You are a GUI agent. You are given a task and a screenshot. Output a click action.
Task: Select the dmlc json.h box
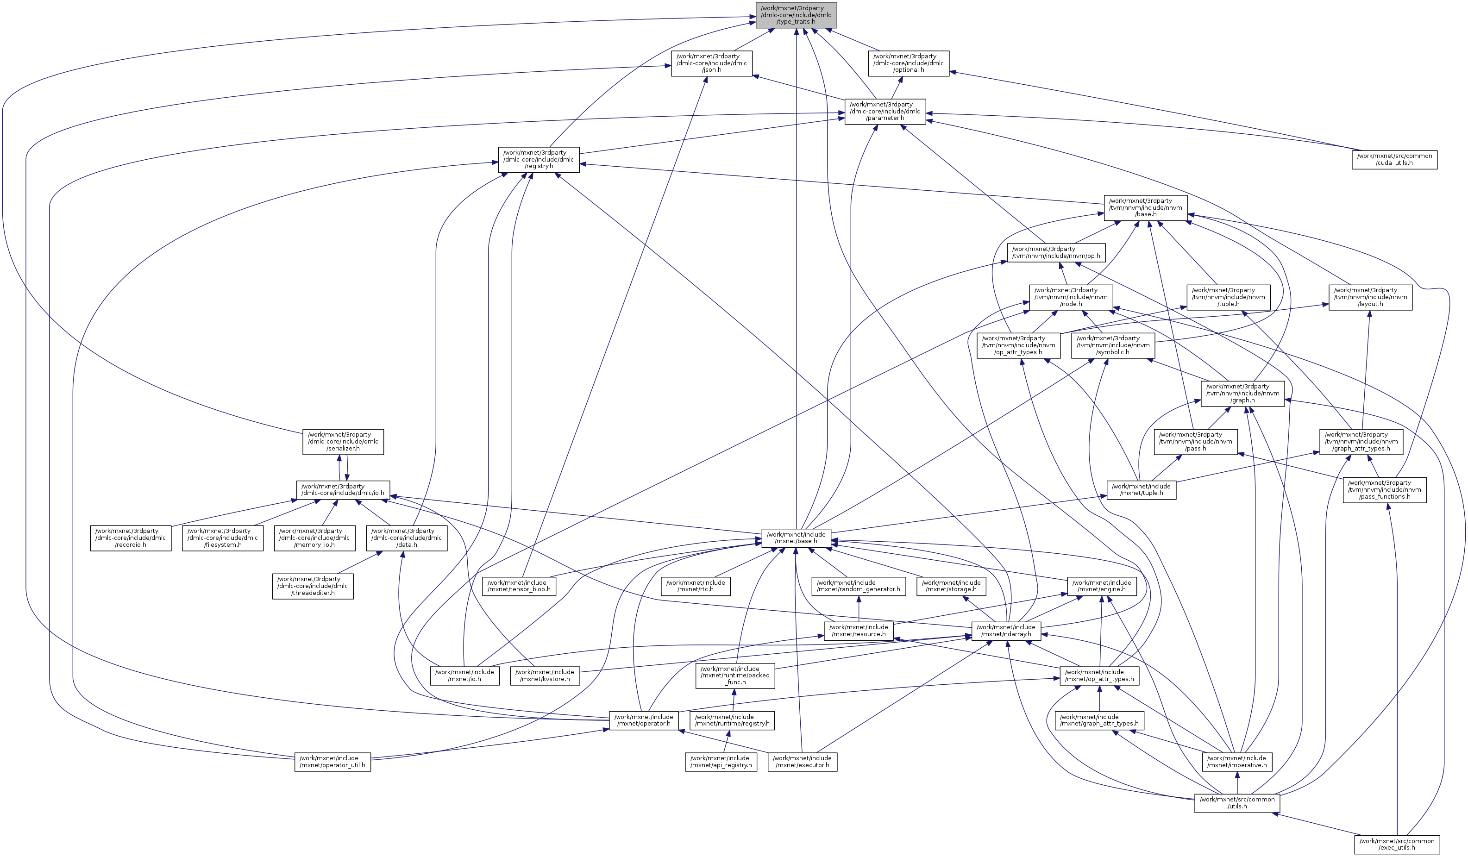coord(711,63)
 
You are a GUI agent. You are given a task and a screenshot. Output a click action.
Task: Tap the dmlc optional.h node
coord(909,63)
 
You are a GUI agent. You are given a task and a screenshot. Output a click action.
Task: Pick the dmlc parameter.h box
coord(885,111)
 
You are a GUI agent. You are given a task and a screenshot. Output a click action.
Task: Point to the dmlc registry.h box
coord(538,160)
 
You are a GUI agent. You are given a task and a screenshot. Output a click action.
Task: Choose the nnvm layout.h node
coord(1370,297)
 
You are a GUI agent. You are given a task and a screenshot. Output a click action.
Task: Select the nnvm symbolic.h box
coord(1113,345)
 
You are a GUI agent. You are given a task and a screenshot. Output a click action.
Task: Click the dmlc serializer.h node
coord(343,442)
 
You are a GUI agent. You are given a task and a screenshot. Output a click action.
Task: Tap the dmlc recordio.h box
coord(131,538)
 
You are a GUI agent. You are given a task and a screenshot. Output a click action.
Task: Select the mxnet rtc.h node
coord(696,586)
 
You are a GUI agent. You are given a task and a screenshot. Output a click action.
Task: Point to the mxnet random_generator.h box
coord(858,586)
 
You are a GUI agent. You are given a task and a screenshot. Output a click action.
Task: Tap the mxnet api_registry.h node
coord(721,762)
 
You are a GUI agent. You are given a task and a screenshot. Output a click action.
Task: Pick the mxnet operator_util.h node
coord(332,762)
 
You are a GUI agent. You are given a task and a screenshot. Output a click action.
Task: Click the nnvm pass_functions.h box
coord(1384,489)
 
